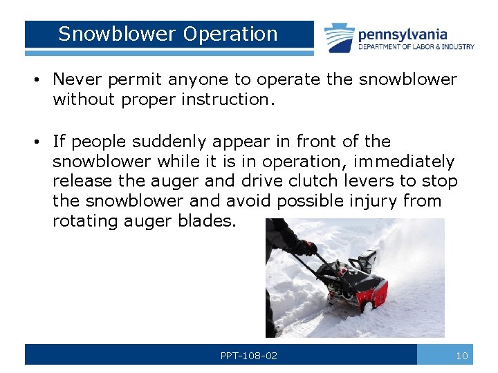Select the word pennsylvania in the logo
pyautogui.click(x=403, y=34)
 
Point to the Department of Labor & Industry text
pyautogui.click(x=416, y=47)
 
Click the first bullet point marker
pyautogui.click(x=37, y=80)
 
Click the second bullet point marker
pyautogui.click(x=37, y=142)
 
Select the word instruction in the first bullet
pyautogui.click(x=232, y=99)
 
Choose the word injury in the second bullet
pyautogui.click(x=391, y=201)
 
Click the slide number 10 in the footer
pyautogui.click(x=462, y=356)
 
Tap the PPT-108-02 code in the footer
pyautogui.click(x=249, y=356)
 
